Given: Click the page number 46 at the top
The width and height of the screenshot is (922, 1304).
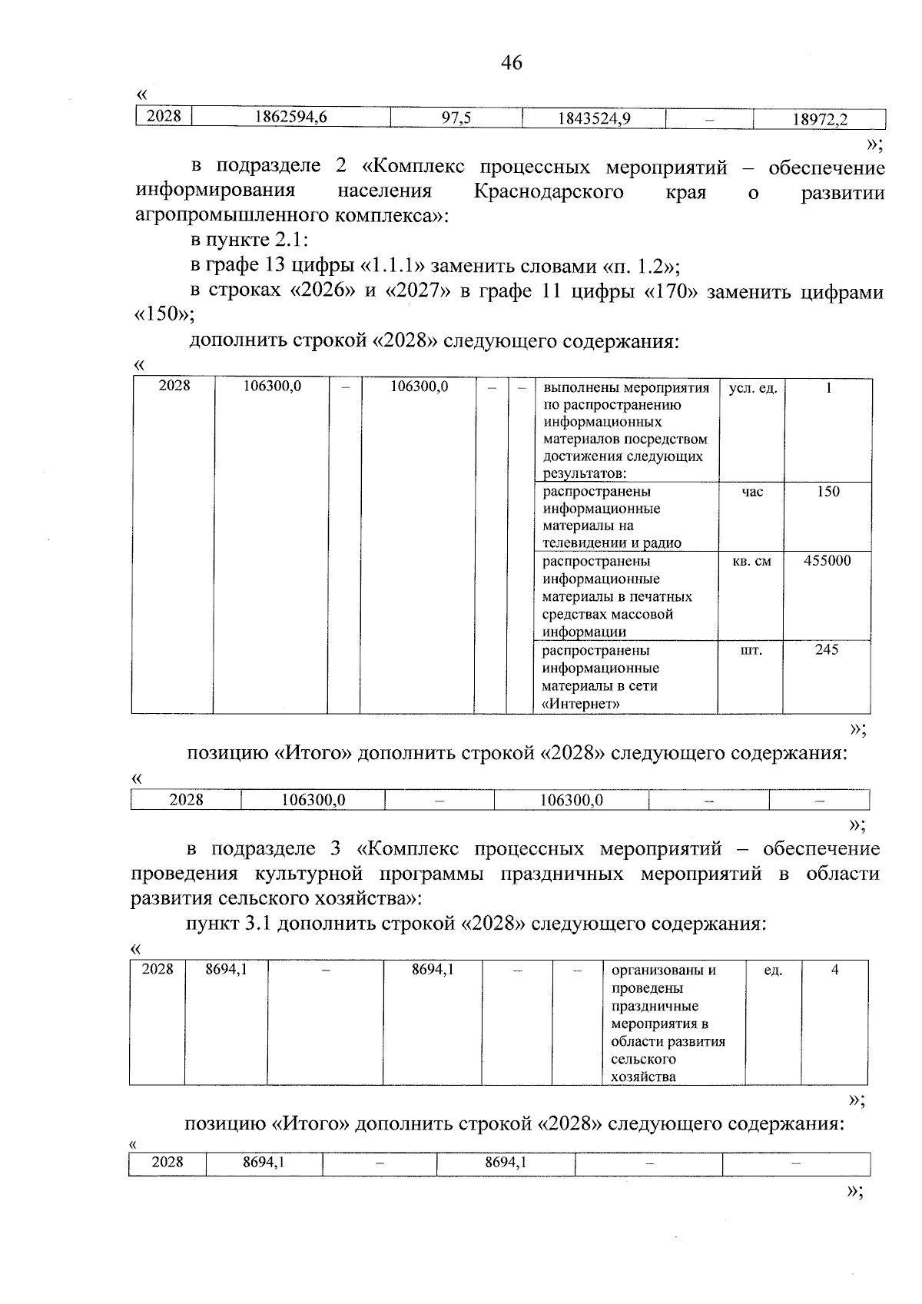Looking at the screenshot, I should pyautogui.click(x=511, y=63).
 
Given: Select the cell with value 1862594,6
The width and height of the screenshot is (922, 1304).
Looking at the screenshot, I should pyautogui.click(x=290, y=118).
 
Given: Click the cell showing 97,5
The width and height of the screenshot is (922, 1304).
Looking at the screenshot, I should pyautogui.click(x=456, y=118).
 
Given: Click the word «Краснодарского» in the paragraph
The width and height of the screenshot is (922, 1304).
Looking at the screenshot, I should pyautogui.click(x=548, y=191).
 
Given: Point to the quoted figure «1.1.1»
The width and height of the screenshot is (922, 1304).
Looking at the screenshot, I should pyautogui.click(x=393, y=266).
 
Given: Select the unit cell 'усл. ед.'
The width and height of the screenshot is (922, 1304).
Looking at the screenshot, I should pyautogui.click(x=752, y=389).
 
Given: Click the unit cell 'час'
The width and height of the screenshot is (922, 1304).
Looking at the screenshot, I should pyautogui.click(x=752, y=492).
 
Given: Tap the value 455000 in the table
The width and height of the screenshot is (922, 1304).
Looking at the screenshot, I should pyautogui.click(x=827, y=561).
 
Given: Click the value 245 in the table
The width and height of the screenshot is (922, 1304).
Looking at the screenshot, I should pyautogui.click(x=827, y=650).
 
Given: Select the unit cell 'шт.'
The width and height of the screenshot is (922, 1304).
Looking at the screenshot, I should pyautogui.click(x=751, y=651).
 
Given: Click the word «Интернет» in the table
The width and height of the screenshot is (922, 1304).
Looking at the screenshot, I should pyautogui.click(x=582, y=704).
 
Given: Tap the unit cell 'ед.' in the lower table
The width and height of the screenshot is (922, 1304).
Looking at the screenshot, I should pyautogui.click(x=773, y=971).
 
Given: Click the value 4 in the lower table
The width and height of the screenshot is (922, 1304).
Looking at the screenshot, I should pyautogui.click(x=834, y=970).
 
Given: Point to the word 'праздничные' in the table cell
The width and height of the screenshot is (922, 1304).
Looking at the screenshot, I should pyautogui.click(x=655, y=1006).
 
